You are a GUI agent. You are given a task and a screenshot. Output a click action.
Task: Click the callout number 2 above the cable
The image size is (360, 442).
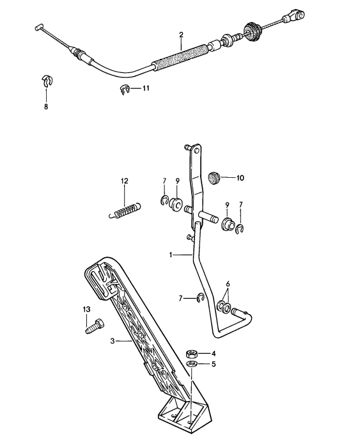click(x=181, y=35)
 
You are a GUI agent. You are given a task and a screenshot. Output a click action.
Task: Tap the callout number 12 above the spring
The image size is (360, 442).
click(x=124, y=181)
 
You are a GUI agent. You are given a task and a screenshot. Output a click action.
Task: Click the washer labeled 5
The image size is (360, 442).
click(x=190, y=365)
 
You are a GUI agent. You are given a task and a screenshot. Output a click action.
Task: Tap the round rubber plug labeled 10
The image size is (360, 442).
click(x=215, y=178)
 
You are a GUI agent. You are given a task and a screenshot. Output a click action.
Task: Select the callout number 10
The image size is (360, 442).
click(x=240, y=178)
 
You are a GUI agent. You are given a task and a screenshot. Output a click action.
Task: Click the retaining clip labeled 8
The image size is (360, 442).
click(x=45, y=81)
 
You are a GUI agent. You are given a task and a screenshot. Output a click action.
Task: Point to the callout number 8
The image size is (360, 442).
click(x=45, y=107)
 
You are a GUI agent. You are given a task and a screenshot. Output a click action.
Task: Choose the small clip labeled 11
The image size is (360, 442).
click(x=125, y=90)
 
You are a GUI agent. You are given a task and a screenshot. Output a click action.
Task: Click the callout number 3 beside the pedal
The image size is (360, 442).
click(x=112, y=342)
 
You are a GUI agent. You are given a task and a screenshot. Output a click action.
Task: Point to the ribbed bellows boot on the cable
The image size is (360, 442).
click(x=252, y=30)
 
